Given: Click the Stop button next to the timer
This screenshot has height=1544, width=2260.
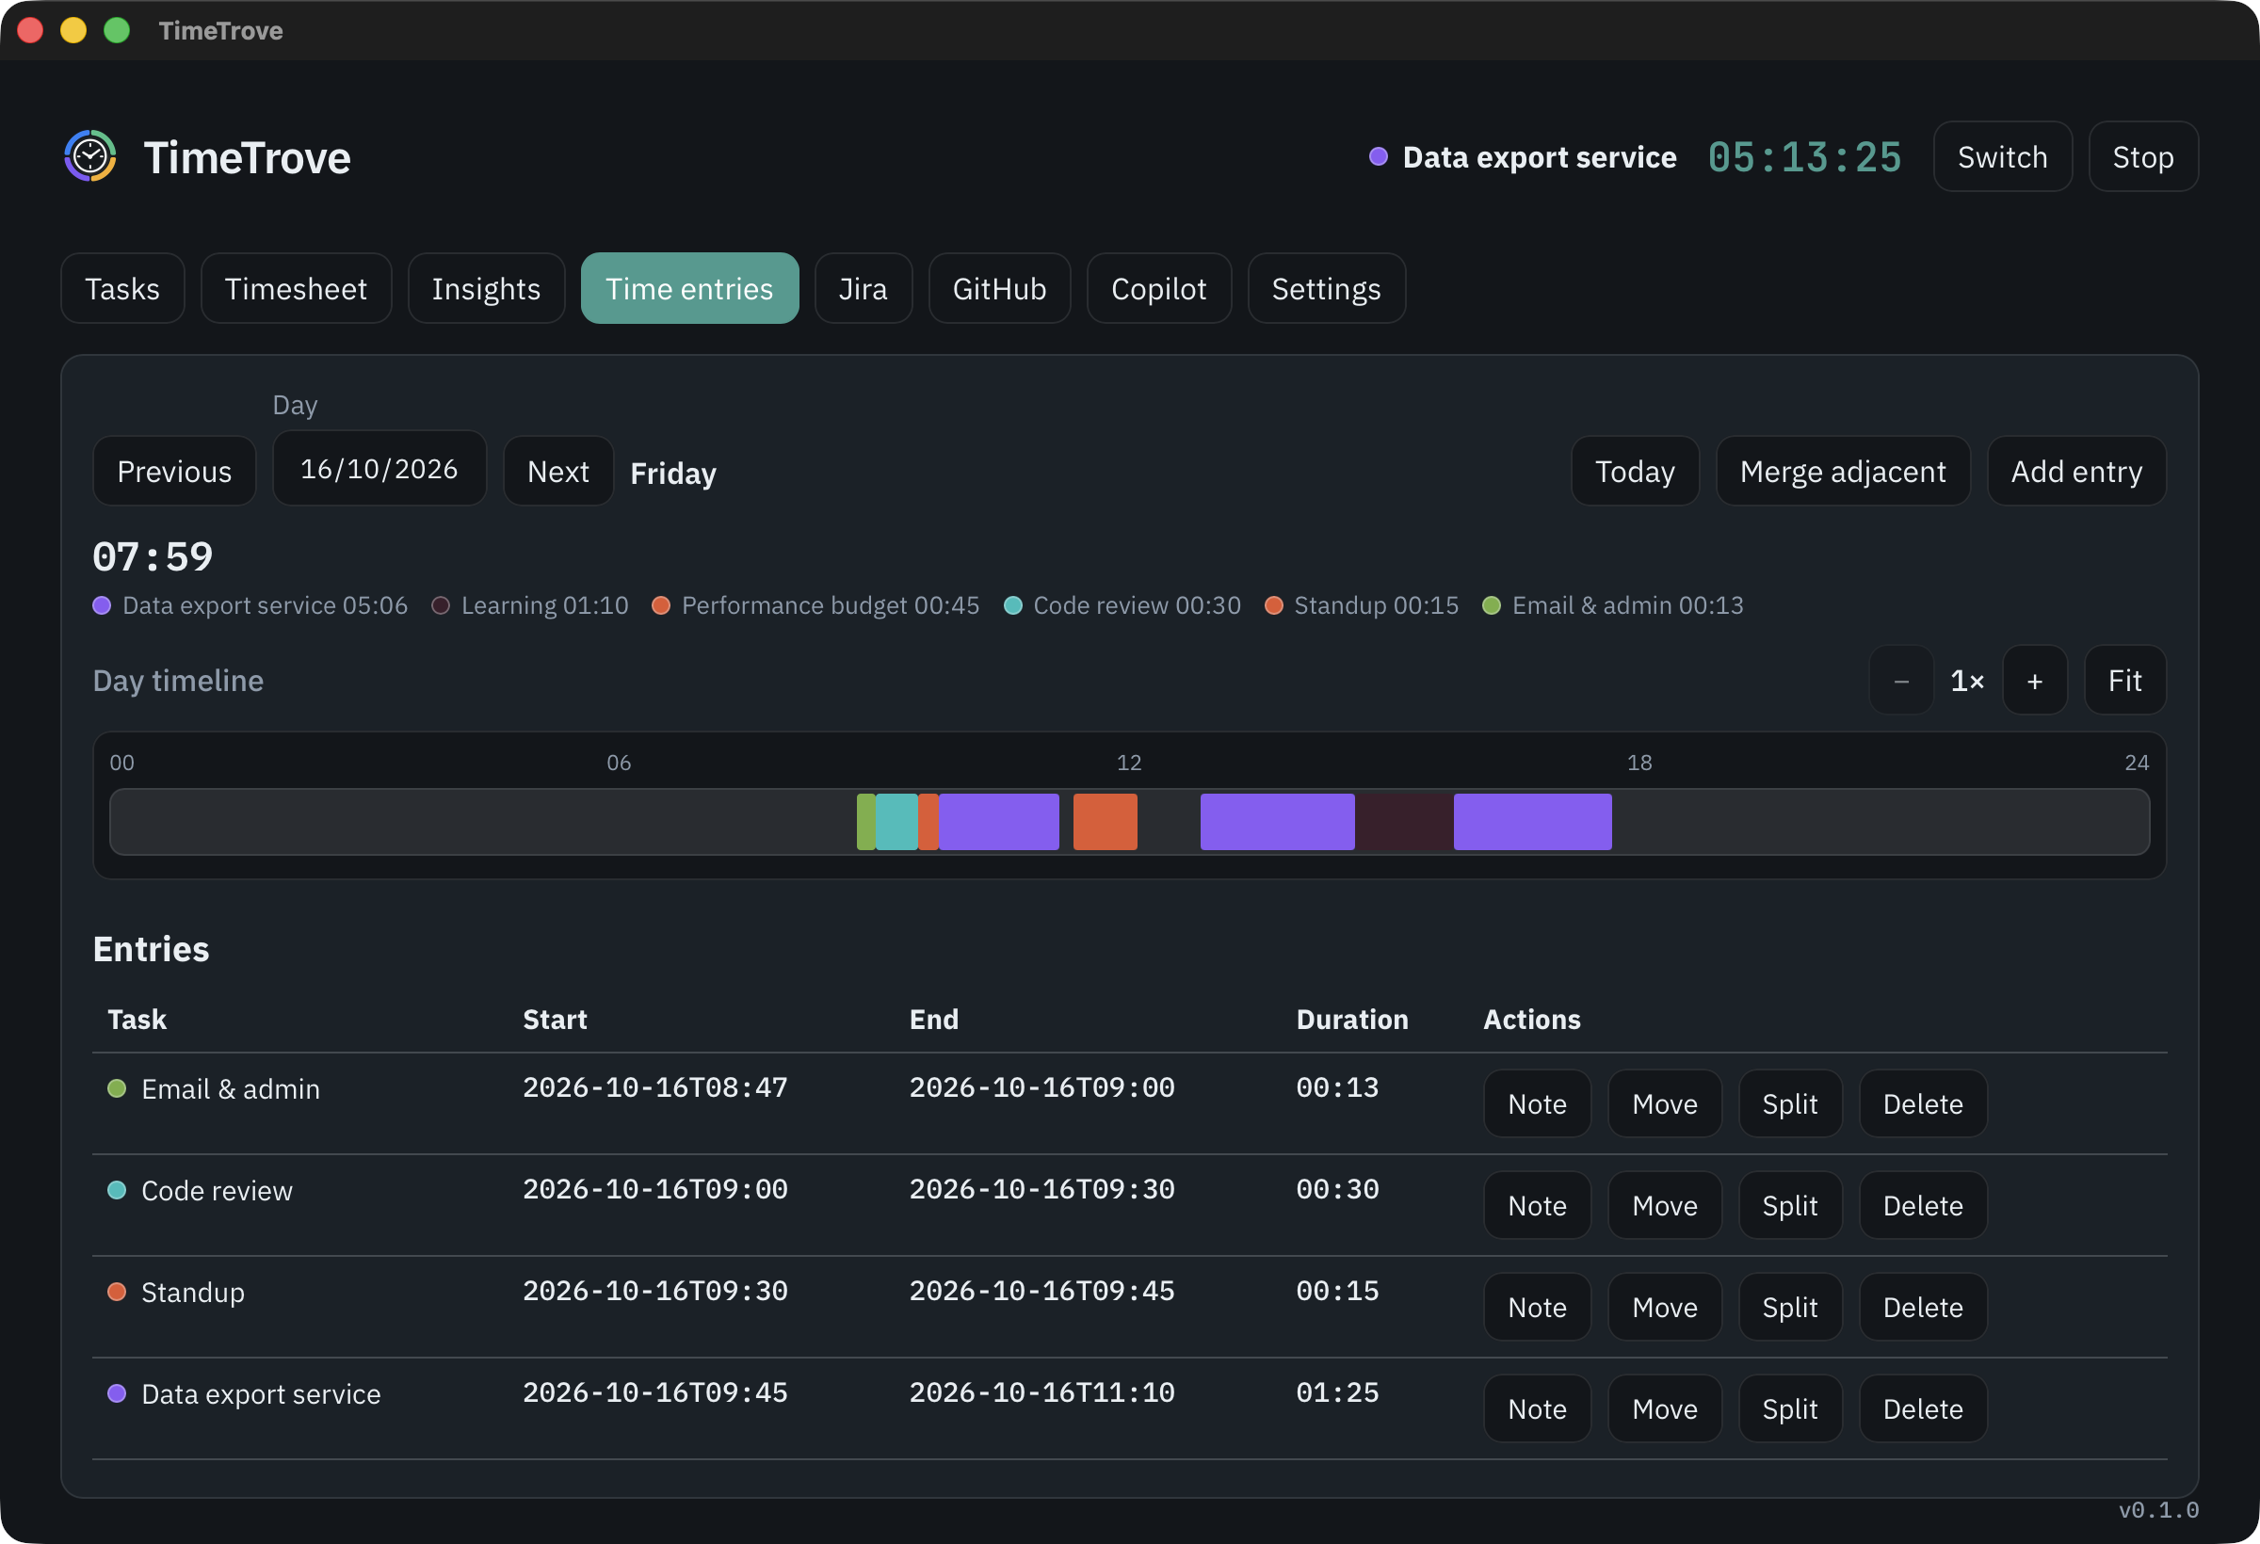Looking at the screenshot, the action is tap(2142, 156).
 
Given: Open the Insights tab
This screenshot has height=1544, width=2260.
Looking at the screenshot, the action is tap(486, 289).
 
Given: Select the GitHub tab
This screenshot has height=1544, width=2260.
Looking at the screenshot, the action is tap(999, 289).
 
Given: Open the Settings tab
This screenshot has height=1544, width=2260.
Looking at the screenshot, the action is tap(1326, 289).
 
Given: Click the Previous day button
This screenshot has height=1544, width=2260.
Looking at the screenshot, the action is tap(174, 472).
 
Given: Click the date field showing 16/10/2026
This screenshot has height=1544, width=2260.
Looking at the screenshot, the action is tap(379, 469).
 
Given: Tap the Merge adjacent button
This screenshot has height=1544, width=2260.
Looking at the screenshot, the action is tap(1843, 472).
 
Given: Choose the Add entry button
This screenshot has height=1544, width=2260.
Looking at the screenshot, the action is tap(2076, 472).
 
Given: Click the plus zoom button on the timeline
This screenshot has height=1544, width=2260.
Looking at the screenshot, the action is tap(2034, 681).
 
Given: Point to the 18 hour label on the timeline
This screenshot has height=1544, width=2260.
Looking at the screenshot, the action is tap(1639, 763).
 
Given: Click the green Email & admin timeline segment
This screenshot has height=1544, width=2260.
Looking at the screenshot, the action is tap(865, 822).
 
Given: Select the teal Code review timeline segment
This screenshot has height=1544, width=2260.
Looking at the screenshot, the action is tap(896, 822).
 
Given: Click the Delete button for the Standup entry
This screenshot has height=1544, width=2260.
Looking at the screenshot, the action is tap(1923, 1307).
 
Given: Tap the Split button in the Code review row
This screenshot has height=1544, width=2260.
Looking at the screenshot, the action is tap(1789, 1206).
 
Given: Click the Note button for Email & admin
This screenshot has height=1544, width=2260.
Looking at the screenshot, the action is tap(1537, 1103).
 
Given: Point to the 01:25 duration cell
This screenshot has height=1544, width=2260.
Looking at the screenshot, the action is tap(1337, 1392).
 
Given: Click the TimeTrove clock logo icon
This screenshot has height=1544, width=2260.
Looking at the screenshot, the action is tap(90, 155).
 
